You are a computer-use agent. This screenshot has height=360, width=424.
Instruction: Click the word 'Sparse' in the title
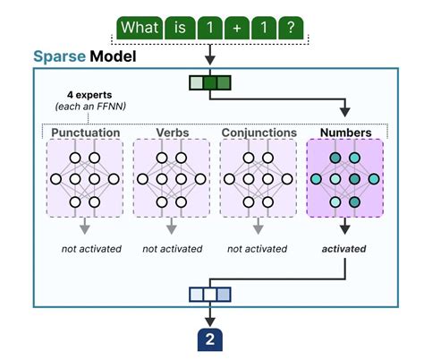coord(59,56)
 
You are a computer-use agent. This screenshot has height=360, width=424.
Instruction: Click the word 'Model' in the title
coord(116,56)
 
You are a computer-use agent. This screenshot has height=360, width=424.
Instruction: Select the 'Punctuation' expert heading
coord(86,133)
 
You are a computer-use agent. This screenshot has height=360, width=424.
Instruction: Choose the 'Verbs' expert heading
coord(171,133)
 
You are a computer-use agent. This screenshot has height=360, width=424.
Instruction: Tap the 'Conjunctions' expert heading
coord(258,133)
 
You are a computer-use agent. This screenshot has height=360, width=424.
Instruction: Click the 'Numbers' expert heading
coord(344,133)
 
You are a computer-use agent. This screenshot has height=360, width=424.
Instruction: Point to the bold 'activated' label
coord(344,248)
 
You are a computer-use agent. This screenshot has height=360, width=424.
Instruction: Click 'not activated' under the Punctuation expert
coord(86,248)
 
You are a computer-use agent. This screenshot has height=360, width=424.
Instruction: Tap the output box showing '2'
coord(210,339)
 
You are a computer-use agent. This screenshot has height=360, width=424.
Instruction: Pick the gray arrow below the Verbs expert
coord(171,226)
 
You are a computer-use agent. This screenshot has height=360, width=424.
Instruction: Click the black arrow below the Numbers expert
coord(344,226)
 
